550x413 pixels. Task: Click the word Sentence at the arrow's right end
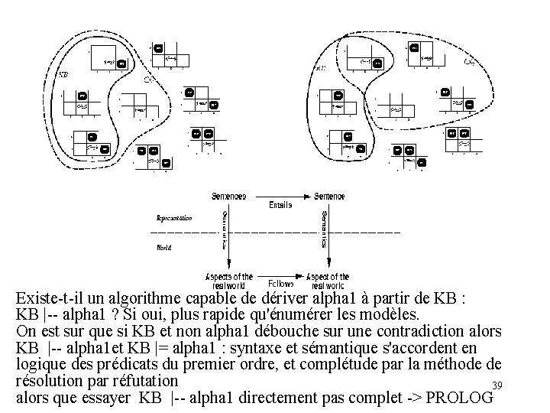click(x=329, y=197)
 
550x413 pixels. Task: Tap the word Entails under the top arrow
click(x=280, y=205)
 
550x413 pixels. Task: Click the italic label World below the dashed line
click(x=164, y=247)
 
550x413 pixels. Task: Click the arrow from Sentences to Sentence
click(x=279, y=197)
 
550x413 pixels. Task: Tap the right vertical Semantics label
click(x=324, y=230)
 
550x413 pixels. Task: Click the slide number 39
click(x=497, y=385)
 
